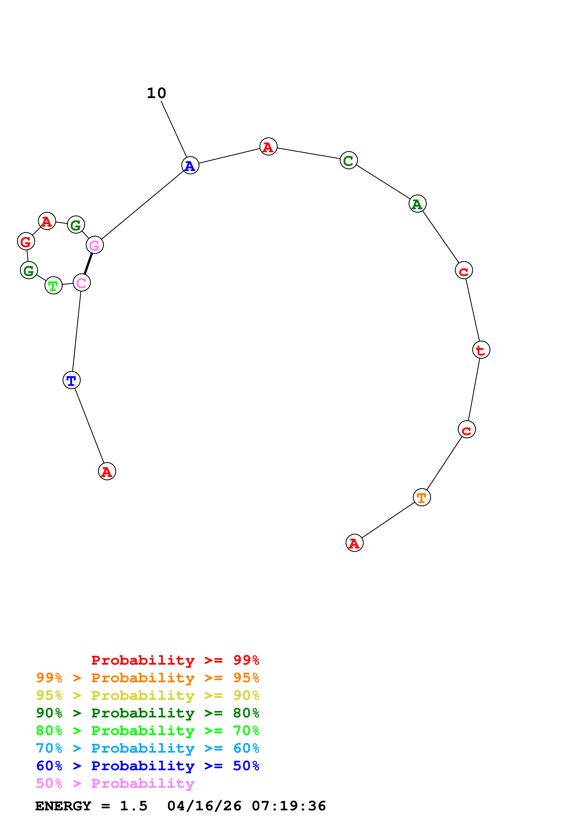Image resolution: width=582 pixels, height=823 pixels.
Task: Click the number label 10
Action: [x=156, y=93]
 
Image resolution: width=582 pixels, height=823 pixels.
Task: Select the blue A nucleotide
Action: [x=190, y=166]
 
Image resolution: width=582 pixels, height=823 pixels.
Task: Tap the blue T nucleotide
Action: [x=71, y=380]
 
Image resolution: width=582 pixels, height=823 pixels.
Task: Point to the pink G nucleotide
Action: [x=95, y=245]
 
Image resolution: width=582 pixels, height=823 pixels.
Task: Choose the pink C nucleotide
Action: [x=82, y=282]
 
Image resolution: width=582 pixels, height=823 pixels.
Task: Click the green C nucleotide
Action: [x=349, y=160]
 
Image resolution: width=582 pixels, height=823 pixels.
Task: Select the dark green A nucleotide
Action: [x=417, y=204]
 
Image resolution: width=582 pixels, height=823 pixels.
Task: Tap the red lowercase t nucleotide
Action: [x=481, y=350]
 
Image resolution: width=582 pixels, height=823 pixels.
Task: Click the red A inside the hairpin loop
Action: [x=47, y=221]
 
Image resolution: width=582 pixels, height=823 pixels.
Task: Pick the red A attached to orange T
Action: [x=354, y=543]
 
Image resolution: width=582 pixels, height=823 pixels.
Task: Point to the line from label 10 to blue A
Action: [x=174, y=129]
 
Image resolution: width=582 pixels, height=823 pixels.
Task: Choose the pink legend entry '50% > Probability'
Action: [x=115, y=784]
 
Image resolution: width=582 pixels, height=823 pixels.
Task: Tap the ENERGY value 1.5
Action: [x=133, y=806]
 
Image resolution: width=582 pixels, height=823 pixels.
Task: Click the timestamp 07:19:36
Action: [x=289, y=806]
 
